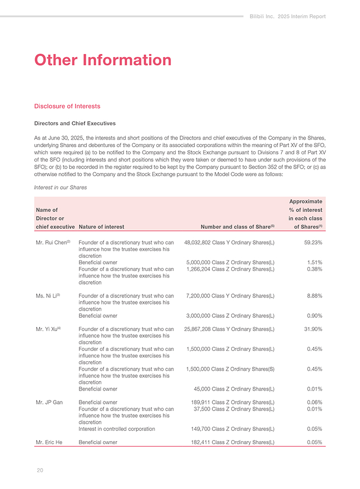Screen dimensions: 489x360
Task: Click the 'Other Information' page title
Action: (x=102, y=60)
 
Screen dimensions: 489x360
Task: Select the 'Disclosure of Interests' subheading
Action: (x=67, y=106)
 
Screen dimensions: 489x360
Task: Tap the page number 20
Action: (x=40, y=470)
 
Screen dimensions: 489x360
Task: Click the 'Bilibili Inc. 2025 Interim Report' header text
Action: (x=288, y=16)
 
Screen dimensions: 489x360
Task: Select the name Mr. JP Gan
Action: (x=49, y=402)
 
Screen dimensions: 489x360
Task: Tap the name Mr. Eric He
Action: (x=49, y=442)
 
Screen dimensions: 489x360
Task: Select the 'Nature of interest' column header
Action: (x=102, y=227)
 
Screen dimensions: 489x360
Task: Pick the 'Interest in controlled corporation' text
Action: (x=117, y=429)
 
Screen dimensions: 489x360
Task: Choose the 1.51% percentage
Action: (x=314, y=262)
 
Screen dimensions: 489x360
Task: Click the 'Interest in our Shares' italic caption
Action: (x=60, y=187)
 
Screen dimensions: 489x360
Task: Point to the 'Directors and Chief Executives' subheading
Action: (x=74, y=123)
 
